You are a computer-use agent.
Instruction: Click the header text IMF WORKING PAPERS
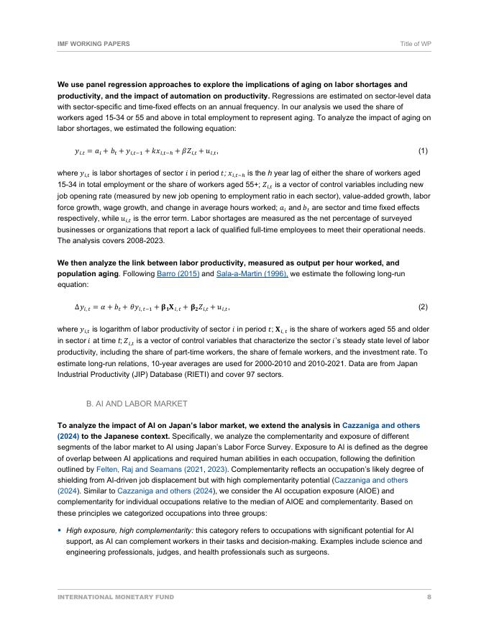pos(93,44)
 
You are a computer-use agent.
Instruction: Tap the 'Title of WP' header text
pos(416,44)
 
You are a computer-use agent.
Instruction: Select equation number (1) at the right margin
pos(423,151)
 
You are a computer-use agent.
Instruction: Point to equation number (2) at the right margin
pos(423,306)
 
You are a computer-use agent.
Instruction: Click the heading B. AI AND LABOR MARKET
pos(137,404)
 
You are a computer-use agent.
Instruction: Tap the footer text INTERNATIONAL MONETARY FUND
pos(116,597)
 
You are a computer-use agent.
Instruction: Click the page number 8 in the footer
pos(429,597)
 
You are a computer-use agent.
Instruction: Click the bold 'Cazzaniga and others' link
pos(381,425)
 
